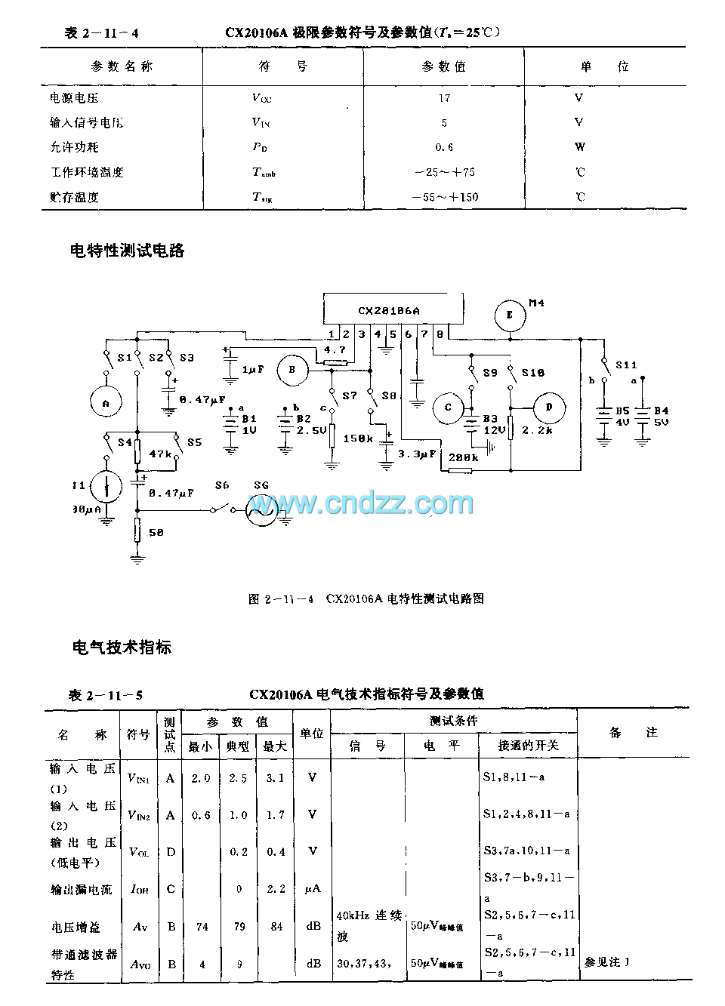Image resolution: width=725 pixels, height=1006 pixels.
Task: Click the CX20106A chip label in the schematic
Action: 388,310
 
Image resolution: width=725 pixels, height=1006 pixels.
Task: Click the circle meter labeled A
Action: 106,404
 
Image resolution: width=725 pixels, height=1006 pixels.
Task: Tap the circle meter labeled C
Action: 448,408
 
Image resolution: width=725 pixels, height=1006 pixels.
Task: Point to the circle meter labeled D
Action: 549,408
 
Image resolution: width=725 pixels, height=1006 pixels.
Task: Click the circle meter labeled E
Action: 510,315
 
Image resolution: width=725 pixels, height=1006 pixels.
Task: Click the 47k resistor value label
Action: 159,454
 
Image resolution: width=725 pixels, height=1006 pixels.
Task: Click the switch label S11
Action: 626,365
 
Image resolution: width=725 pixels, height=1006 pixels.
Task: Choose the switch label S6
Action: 221,485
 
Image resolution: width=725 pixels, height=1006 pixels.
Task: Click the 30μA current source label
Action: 86,509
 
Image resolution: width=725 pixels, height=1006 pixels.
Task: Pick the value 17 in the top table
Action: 444,98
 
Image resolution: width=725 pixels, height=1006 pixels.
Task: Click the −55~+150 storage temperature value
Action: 445,197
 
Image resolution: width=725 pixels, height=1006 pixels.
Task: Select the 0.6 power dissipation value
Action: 444,147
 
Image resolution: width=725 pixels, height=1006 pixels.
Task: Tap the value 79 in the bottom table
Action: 239,926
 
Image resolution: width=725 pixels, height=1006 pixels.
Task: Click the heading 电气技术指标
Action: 122,647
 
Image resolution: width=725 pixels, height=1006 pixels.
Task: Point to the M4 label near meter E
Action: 537,303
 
